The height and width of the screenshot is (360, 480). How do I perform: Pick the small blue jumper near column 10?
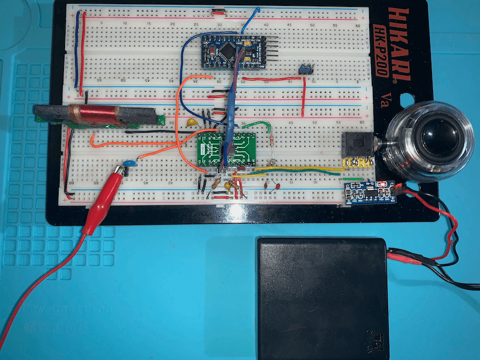306,68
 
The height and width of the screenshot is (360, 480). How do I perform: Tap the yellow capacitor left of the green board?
193,123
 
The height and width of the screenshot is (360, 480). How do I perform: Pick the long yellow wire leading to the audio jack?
299,170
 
